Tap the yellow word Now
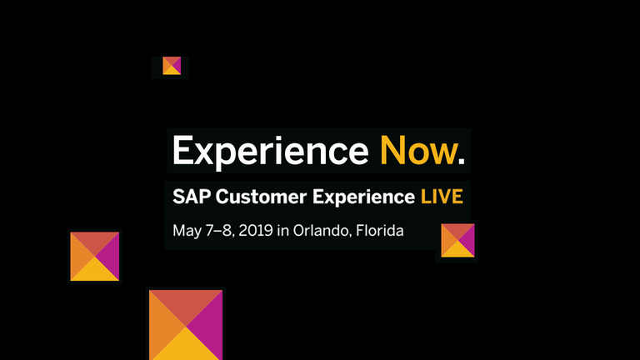pyautogui.click(x=418, y=150)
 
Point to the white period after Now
pyautogui.click(x=462, y=161)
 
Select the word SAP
pyautogui.click(x=192, y=197)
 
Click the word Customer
pyautogui.click(x=261, y=197)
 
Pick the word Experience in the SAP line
pyautogui.click(x=363, y=198)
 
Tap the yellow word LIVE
pyautogui.click(x=442, y=197)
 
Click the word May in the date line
pyautogui.click(x=187, y=232)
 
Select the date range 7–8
pyautogui.click(x=220, y=231)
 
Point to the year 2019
pyautogui.click(x=256, y=231)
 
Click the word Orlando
pyautogui.click(x=320, y=231)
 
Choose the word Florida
pyautogui.click(x=380, y=230)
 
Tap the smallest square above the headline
pyautogui.click(x=172, y=66)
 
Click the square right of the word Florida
pyautogui.click(x=457, y=240)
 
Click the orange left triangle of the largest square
pyautogui.click(x=163, y=327)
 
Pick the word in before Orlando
pyautogui.click(x=282, y=231)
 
